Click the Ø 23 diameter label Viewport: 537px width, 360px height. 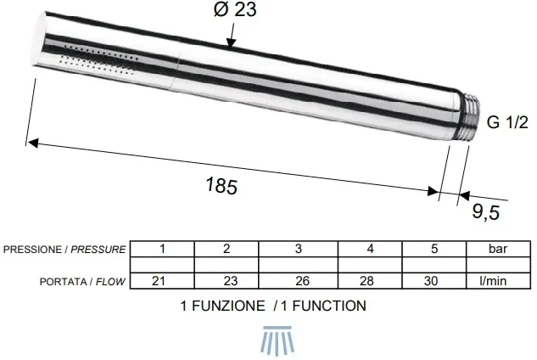coord(235,9)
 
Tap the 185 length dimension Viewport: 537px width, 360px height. coord(221,185)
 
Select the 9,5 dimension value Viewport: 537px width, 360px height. coord(486,211)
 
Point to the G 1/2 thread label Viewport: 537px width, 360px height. coord(507,122)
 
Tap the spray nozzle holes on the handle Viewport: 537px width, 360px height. coord(99,59)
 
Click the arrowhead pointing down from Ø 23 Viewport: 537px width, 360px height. coord(231,42)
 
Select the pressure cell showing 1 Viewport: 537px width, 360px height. coord(162,249)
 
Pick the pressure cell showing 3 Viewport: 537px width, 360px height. coord(299,249)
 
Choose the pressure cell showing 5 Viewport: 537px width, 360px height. coord(434,249)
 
